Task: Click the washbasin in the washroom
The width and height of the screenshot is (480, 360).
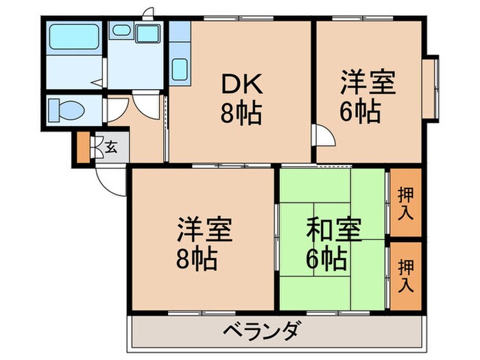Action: click(121, 31)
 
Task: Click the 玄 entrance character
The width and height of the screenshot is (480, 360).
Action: click(110, 146)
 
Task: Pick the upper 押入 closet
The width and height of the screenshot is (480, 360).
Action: click(405, 204)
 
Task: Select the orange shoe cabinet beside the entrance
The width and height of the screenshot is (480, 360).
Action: click(83, 148)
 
